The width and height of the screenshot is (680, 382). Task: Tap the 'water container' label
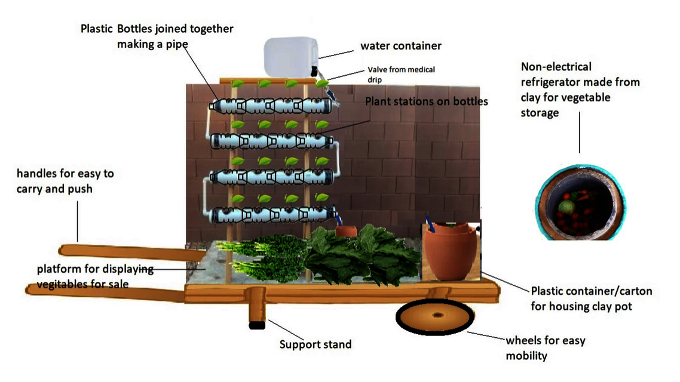click(400, 46)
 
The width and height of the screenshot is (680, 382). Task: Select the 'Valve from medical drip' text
click(401, 74)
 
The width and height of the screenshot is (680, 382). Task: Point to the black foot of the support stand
click(257, 325)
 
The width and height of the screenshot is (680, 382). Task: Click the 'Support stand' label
click(316, 344)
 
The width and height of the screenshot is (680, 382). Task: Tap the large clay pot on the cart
click(448, 253)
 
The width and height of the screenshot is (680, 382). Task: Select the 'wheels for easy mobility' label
click(545, 348)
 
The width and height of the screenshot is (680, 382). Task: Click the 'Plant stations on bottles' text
click(426, 101)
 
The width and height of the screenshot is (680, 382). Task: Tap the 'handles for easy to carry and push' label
click(66, 181)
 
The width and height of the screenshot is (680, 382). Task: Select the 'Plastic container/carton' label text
click(591, 292)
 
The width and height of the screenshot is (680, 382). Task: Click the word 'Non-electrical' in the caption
click(556, 67)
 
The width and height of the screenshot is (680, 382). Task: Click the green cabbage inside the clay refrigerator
click(565, 207)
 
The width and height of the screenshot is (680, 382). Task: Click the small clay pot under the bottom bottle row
click(345, 230)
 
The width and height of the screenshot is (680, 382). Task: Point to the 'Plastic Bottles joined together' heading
click(157, 29)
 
